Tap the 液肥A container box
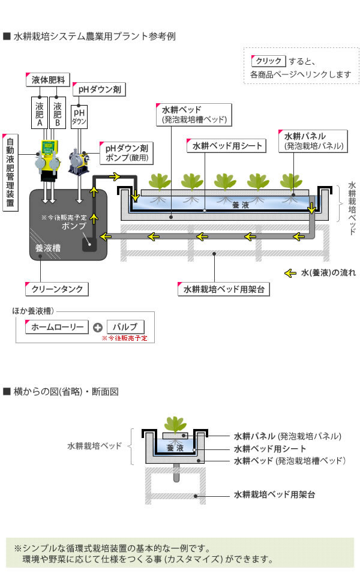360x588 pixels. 40,113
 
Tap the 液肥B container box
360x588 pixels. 58,113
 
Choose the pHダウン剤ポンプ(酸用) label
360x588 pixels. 126,153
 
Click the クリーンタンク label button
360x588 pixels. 57,289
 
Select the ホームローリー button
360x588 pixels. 57,327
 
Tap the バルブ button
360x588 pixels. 125,327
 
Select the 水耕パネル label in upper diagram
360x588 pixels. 313,140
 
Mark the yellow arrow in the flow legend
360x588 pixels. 290,274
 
